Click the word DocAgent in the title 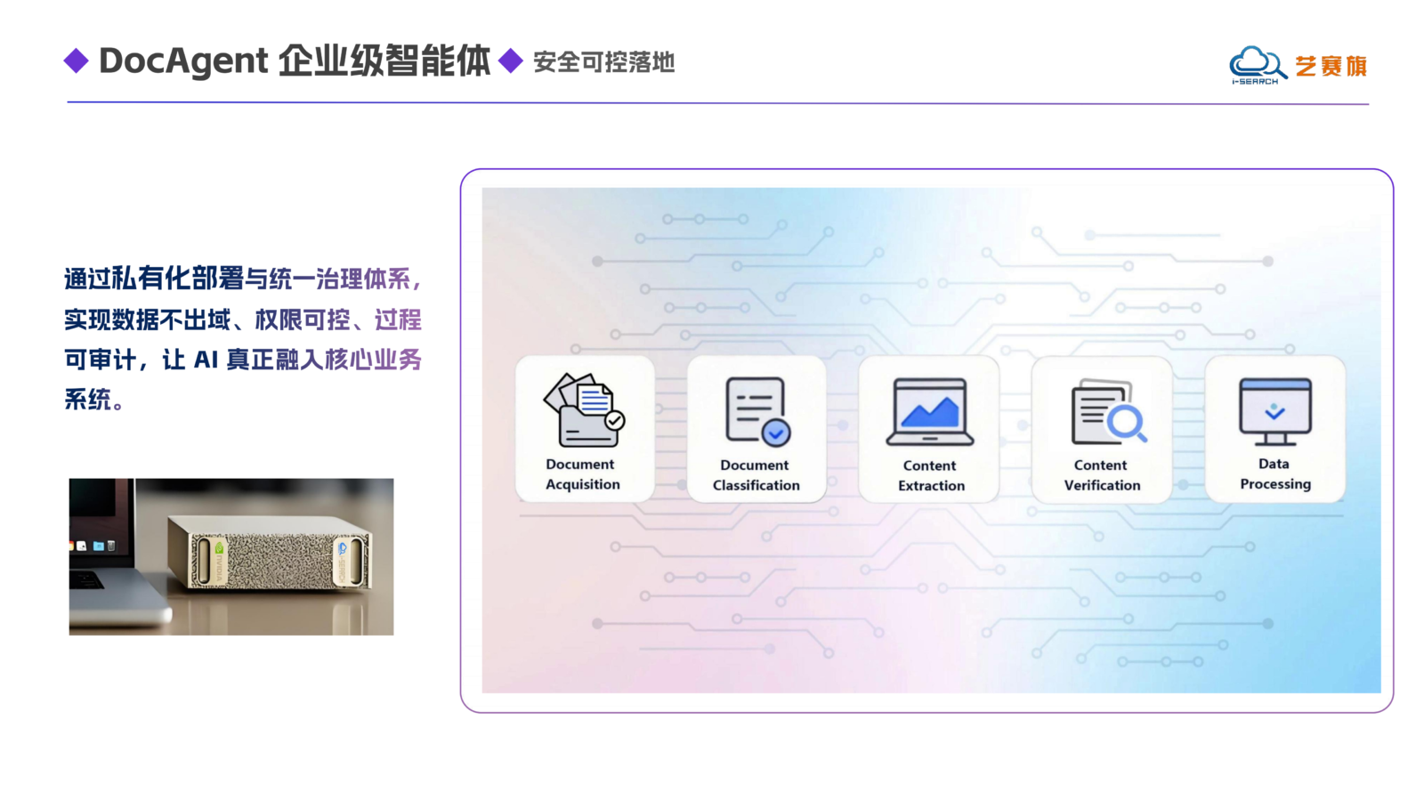tap(183, 61)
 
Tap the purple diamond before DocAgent tap(77, 61)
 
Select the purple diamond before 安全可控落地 tap(511, 61)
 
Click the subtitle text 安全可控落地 tap(604, 62)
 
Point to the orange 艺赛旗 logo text tap(1331, 66)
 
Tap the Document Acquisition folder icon tap(584, 410)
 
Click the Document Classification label tap(756, 475)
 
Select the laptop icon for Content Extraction tap(929, 412)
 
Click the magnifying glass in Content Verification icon tap(1127, 423)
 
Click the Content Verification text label tap(1103, 475)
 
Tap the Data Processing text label tap(1275, 473)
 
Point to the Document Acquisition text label tap(582, 474)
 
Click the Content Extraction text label tap(931, 475)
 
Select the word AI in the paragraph tap(206, 360)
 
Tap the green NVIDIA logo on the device tap(219, 548)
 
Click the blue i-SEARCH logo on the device tap(343, 548)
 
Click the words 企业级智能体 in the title tap(384, 61)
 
